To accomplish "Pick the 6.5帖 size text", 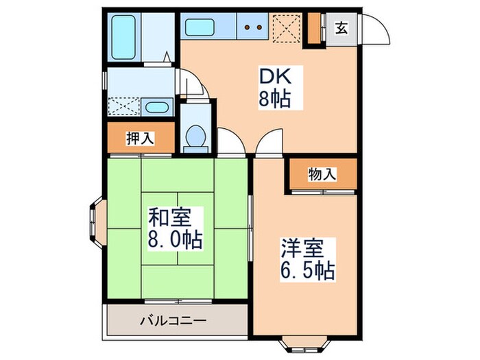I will pos(307,270).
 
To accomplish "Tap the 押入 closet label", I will pos(141,138).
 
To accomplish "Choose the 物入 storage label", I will pos(322,174).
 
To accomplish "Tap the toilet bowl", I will pos(195,136).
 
